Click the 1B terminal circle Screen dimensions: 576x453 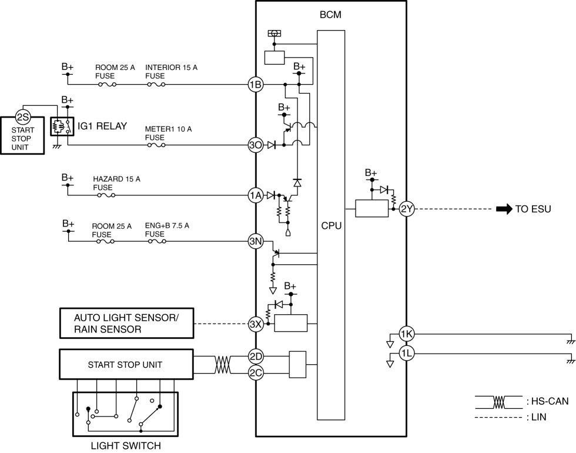pyautogui.click(x=256, y=85)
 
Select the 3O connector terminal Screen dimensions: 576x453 pyautogui.click(x=256, y=145)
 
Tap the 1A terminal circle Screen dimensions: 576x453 pyautogui.click(x=256, y=195)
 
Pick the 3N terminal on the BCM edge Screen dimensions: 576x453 pyautogui.click(x=256, y=241)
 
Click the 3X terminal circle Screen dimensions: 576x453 pyautogui.click(x=256, y=324)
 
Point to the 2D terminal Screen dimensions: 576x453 pyautogui.click(x=256, y=357)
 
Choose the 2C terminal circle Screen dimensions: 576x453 pyautogui.click(x=256, y=373)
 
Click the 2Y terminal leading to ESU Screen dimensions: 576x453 pyautogui.click(x=407, y=209)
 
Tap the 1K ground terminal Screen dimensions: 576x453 pyautogui.click(x=407, y=334)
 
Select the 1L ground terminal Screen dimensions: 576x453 pyautogui.click(x=407, y=354)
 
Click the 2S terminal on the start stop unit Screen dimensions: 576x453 pyautogui.click(x=23, y=117)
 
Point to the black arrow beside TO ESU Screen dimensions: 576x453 pyautogui.click(x=504, y=209)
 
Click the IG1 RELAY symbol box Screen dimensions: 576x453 pyautogui.click(x=62, y=126)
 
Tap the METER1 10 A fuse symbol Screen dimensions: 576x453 pyautogui.click(x=156, y=145)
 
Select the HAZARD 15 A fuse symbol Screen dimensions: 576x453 pyautogui.click(x=106, y=195)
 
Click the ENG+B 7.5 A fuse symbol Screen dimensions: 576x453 pyautogui.click(x=158, y=241)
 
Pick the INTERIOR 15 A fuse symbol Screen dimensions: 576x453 pyautogui.click(x=156, y=85)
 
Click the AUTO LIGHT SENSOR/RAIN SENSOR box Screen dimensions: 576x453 pyautogui.click(x=127, y=323)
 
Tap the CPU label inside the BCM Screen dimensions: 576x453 pyautogui.click(x=331, y=226)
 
